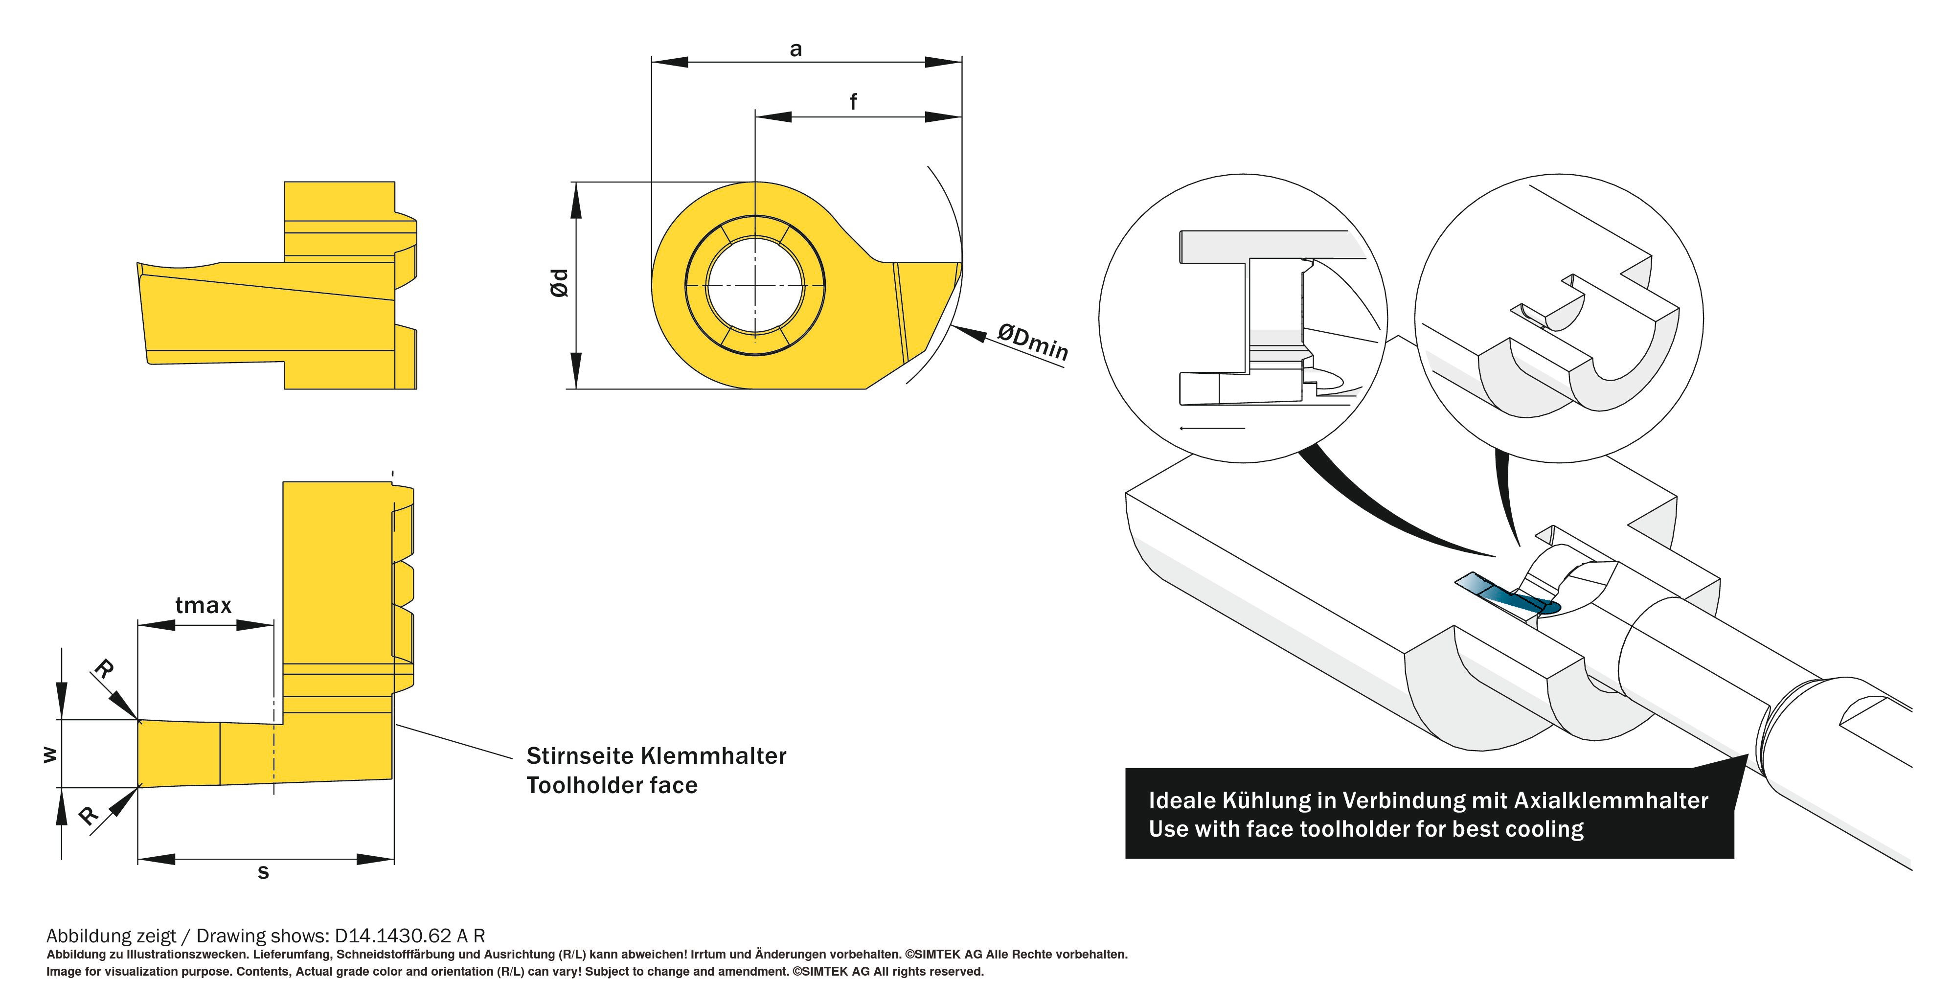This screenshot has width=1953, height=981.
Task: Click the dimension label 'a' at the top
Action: pyautogui.click(x=795, y=50)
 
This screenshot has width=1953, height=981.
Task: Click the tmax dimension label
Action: pyautogui.click(x=203, y=605)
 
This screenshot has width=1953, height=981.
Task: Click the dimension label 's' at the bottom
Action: pyautogui.click(x=263, y=872)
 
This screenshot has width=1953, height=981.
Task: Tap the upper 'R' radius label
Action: pyautogui.click(x=104, y=669)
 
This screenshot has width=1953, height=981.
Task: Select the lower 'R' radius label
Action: pyautogui.click(x=89, y=815)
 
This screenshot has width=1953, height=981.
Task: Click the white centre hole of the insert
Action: pyautogui.click(x=755, y=286)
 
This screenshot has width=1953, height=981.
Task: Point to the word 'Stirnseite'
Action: pyautogui.click(x=581, y=756)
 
